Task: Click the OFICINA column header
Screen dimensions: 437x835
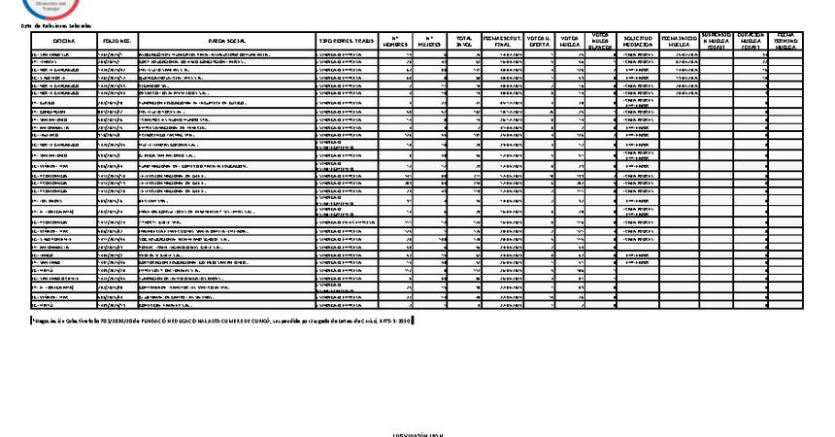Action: click(x=63, y=40)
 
